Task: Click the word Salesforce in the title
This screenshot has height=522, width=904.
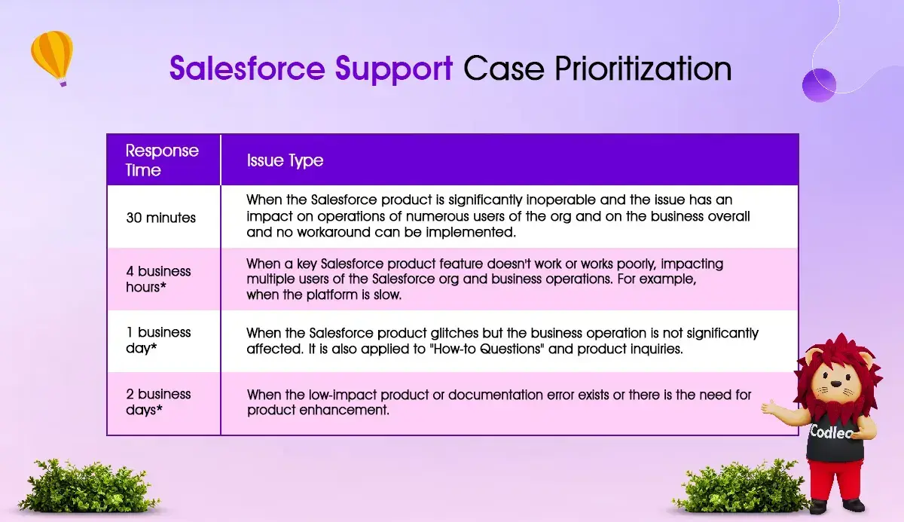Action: [x=247, y=68]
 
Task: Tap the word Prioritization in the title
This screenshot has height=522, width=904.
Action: [x=643, y=68]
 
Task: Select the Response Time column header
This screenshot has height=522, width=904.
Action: [x=162, y=160]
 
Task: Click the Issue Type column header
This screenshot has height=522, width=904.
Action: [x=285, y=160]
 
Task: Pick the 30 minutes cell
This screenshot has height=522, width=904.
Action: [x=160, y=218]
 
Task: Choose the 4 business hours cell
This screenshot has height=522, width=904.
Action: [x=158, y=279]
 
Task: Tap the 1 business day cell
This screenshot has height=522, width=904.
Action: [x=158, y=340]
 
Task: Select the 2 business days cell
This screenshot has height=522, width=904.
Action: [x=158, y=401]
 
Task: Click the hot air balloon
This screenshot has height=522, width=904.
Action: [x=53, y=58]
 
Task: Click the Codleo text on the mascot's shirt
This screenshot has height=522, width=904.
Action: [x=832, y=432]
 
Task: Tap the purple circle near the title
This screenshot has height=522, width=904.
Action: [x=819, y=85]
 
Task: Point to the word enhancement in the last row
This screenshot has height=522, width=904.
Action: [x=344, y=411]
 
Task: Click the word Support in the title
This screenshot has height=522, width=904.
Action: [x=394, y=69]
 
